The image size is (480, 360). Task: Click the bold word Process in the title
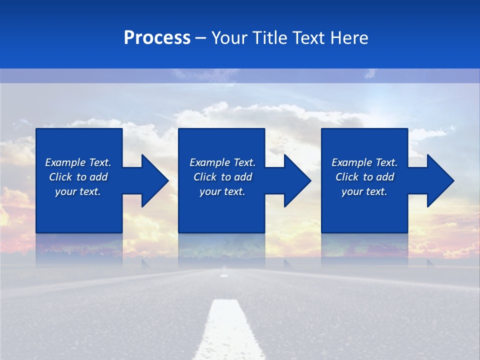click(x=157, y=38)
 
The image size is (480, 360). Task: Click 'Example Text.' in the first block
click(x=78, y=162)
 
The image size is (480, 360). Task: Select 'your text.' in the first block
click(x=78, y=191)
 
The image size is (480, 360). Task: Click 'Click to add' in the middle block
click(x=222, y=177)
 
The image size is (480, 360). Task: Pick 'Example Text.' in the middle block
click(x=222, y=162)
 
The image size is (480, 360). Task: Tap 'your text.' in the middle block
click(x=222, y=191)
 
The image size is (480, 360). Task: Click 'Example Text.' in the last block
click(x=364, y=162)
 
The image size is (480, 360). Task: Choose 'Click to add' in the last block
click(x=364, y=177)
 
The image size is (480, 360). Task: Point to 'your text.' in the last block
click(x=364, y=191)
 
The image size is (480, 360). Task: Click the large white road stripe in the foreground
click(x=227, y=332)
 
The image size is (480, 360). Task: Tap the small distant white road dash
click(x=224, y=274)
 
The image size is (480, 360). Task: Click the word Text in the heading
click(x=308, y=38)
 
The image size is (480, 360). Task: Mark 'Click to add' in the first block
click(x=78, y=177)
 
